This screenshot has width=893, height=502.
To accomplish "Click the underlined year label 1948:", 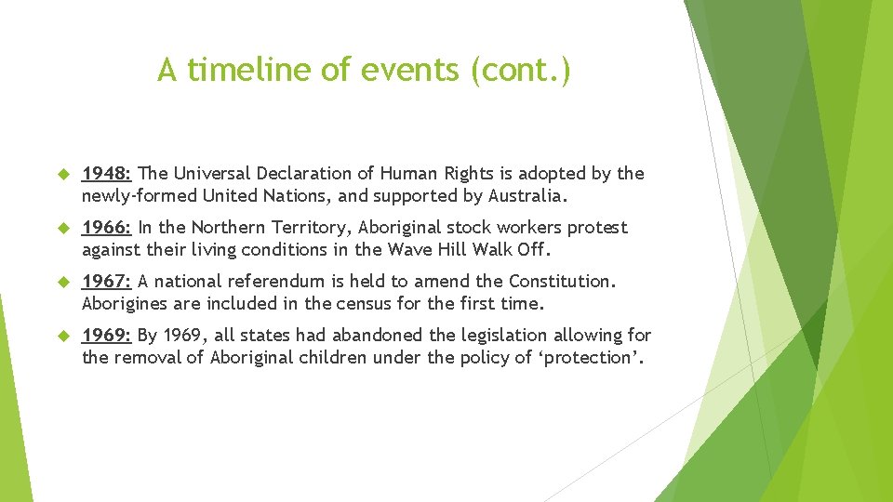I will [108, 174].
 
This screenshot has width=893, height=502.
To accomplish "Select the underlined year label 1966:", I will [108, 228].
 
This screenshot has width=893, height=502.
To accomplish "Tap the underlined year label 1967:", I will [108, 282].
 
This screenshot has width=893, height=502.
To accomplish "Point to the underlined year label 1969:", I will [108, 336].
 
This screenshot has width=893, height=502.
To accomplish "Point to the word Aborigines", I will [124, 304].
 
